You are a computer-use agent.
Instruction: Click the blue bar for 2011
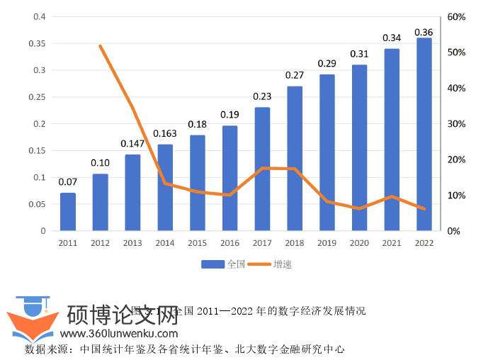tap(68, 211)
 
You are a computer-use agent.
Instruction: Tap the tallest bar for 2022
tap(424, 134)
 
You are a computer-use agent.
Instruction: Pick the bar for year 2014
tap(165, 187)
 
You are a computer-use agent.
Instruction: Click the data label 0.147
tap(132, 143)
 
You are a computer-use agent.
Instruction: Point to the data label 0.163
tap(165, 133)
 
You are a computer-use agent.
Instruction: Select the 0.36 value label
tap(424, 32)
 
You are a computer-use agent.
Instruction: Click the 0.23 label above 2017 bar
tap(262, 97)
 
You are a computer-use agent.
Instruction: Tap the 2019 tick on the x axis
tap(327, 242)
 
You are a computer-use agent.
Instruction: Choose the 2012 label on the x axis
tap(100, 242)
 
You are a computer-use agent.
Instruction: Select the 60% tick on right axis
tap(455, 17)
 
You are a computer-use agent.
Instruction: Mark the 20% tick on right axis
tap(455, 159)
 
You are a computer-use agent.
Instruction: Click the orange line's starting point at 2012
tap(101, 46)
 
